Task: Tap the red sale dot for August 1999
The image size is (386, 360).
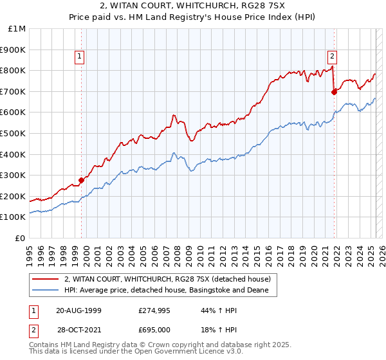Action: [x=82, y=180]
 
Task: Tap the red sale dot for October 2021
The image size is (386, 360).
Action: [x=334, y=92]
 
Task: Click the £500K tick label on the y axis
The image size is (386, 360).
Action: [x=14, y=133]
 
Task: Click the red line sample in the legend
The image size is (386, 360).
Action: [x=45, y=279]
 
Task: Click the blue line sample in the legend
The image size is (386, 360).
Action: [x=45, y=291]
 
